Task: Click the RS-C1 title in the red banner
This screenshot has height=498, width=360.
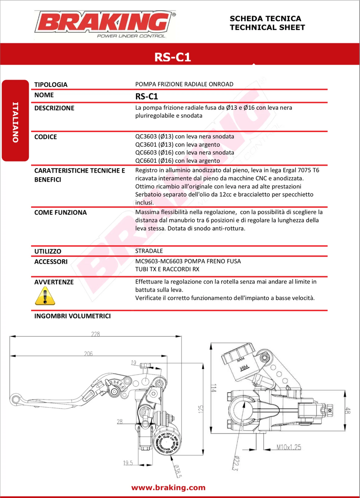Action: pos(172,57)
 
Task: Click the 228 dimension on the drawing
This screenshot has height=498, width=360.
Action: pos(95,334)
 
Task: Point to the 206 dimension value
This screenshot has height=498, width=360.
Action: pos(88,353)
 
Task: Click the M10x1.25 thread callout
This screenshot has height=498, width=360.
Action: pos(288,447)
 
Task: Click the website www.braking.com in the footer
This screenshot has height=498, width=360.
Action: pos(169,487)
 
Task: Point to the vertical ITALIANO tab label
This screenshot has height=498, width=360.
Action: pos(16,122)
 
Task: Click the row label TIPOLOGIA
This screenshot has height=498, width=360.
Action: pos(51,84)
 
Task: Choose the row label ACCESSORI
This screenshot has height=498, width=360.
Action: pos(51,261)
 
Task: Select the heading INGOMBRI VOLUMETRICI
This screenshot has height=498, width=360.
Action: pos(72,316)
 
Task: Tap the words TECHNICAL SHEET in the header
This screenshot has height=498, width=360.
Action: pos(267,27)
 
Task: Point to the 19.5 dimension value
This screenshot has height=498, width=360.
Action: pos(127,463)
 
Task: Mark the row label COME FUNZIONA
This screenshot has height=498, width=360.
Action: pos(60,212)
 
